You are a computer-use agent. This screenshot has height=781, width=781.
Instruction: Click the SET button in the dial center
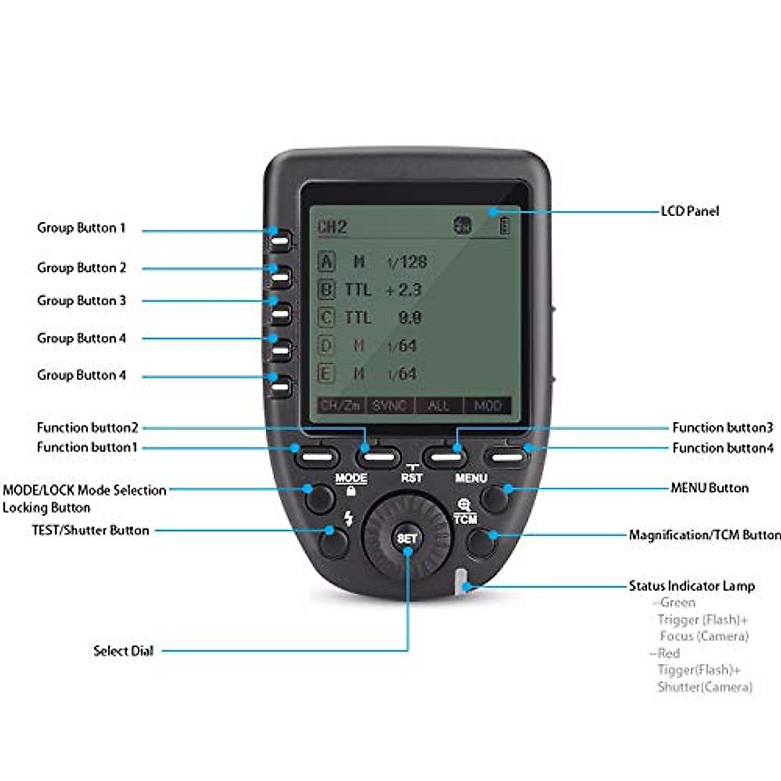[x=407, y=538]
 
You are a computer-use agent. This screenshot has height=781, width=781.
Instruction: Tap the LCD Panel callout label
[x=690, y=211]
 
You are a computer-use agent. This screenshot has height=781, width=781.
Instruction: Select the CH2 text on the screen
[x=332, y=227]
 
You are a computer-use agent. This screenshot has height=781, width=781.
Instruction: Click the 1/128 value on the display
[x=407, y=262]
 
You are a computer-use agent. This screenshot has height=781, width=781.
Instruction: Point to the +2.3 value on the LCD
[x=404, y=290]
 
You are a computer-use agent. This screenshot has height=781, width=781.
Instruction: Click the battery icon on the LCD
[x=504, y=226]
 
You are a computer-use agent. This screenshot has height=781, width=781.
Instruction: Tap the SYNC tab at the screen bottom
[x=389, y=405]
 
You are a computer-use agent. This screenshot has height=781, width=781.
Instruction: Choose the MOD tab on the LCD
[x=487, y=405]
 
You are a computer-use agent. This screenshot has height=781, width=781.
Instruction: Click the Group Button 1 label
[x=81, y=228]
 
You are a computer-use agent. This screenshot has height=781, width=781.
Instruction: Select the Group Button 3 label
[x=81, y=301]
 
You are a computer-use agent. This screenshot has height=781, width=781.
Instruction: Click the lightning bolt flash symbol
[x=349, y=518]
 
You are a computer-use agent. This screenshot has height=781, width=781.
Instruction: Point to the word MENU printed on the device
[x=471, y=478]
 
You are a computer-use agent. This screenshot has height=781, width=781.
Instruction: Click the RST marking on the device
[x=411, y=477]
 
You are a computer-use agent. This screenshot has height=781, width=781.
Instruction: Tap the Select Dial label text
[x=124, y=651]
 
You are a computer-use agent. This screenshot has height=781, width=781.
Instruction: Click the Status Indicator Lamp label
[x=691, y=586]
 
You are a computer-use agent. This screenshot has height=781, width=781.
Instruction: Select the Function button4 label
[x=722, y=448]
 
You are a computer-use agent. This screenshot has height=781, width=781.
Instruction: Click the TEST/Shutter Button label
[x=90, y=530]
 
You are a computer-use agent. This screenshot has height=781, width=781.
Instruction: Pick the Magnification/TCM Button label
[x=704, y=535]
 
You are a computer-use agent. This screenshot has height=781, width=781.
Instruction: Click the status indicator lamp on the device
[x=461, y=581]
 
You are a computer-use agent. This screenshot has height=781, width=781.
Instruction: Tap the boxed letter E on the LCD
[x=326, y=374]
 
